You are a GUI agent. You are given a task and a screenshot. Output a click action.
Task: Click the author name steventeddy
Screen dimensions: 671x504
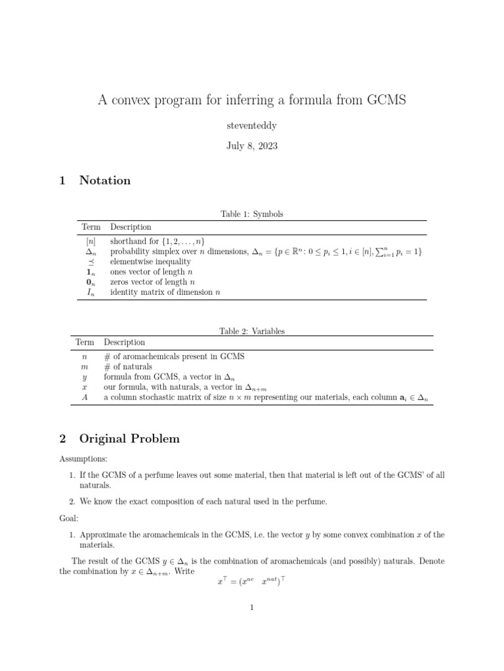(x=251, y=125)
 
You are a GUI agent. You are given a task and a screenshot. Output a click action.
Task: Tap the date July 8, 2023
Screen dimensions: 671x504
(x=251, y=145)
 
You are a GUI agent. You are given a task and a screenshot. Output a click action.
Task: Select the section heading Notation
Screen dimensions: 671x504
(x=105, y=180)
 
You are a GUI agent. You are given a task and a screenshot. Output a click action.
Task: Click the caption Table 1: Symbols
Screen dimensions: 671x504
(x=252, y=214)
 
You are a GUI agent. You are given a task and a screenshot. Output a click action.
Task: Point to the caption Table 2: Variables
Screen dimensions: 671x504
(x=252, y=332)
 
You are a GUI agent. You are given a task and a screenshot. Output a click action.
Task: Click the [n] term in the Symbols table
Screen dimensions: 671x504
(x=91, y=241)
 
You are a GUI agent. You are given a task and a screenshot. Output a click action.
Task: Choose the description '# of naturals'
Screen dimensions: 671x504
(x=128, y=367)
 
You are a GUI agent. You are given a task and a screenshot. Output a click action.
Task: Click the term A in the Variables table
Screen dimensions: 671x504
(x=84, y=398)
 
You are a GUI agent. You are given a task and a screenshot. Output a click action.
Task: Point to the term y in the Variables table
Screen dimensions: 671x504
(x=84, y=377)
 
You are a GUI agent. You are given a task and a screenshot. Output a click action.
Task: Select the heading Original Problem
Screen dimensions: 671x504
(x=129, y=438)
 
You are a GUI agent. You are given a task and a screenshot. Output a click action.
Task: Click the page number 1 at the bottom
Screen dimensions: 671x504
(x=251, y=607)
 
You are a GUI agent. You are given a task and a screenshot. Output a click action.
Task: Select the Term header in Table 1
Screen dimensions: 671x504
(x=91, y=227)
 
